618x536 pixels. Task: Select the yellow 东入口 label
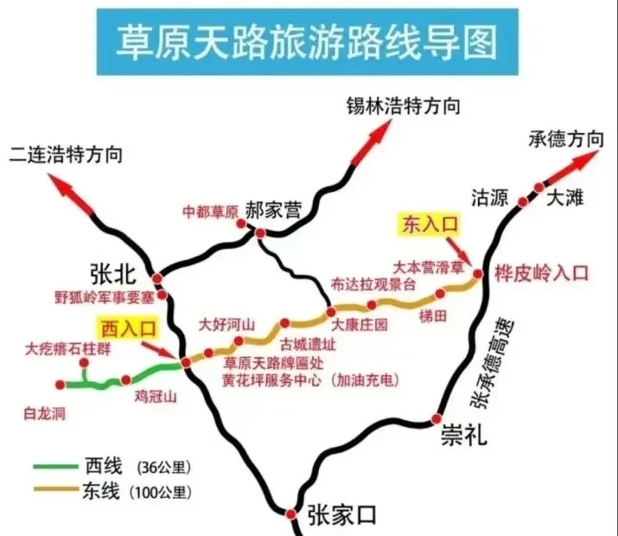430,224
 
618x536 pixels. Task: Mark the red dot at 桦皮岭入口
478,274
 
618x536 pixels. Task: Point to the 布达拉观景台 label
373,283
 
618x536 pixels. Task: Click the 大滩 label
565,198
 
